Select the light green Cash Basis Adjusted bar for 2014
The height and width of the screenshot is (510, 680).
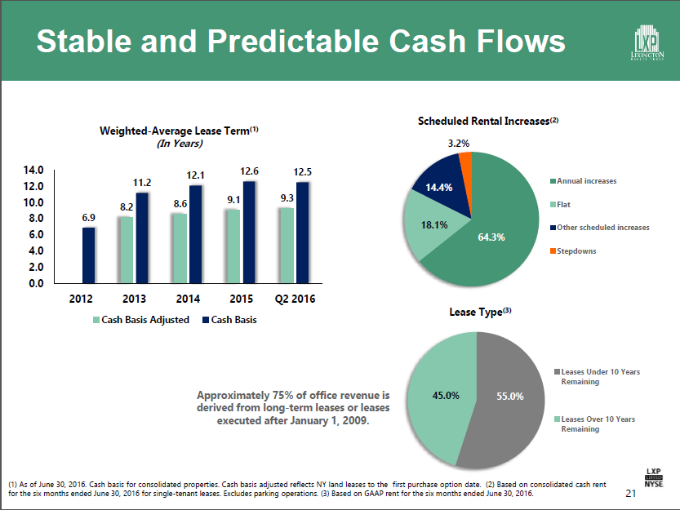tap(180, 248)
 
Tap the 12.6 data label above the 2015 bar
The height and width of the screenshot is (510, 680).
tap(250, 171)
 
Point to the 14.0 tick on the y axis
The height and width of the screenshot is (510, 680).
tap(33, 171)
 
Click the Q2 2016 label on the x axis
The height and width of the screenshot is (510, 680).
tap(296, 299)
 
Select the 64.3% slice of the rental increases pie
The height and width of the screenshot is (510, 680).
tap(490, 228)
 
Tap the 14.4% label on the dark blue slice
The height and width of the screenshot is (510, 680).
tap(438, 188)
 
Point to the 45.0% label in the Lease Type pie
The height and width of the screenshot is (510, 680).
tap(446, 397)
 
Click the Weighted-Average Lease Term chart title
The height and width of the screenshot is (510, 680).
tap(179, 131)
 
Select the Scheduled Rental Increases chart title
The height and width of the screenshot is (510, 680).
tap(487, 121)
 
